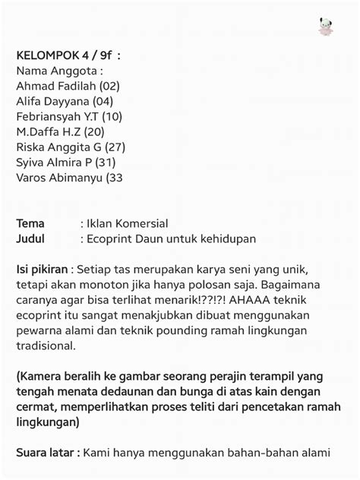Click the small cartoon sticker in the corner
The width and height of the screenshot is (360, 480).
326,27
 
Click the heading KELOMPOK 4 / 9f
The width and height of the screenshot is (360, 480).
68,55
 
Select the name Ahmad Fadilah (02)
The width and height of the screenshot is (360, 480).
68,86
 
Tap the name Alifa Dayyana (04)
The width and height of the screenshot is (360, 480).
65,101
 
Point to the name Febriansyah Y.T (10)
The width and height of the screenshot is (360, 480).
69,116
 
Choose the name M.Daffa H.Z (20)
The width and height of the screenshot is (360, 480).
60,131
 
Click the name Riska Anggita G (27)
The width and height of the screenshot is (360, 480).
71,147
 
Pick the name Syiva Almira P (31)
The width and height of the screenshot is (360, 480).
66,162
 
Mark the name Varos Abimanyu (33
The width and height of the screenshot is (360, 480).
69,178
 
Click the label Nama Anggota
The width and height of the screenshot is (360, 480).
59,71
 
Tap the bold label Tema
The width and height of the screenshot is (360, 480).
30,223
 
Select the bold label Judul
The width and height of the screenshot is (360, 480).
30,238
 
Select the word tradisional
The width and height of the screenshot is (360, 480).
46,346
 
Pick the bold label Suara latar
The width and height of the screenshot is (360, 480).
47,453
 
